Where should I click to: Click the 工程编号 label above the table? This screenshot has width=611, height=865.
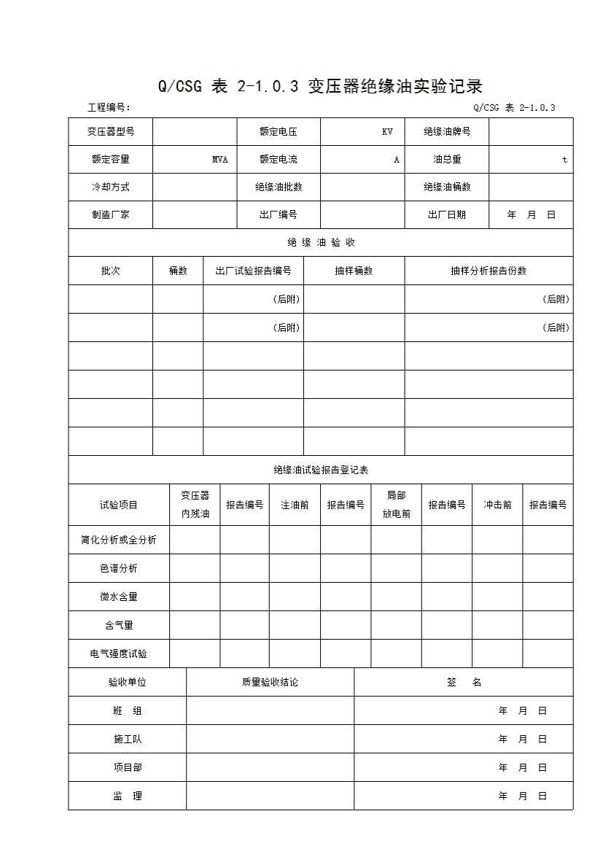point(109,108)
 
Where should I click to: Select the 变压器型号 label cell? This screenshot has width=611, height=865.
point(111,132)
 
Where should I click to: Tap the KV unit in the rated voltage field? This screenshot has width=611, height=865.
point(387,132)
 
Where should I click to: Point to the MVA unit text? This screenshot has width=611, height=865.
point(220,160)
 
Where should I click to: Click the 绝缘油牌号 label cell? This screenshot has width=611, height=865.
point(447,132)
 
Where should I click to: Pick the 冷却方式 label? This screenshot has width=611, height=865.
point(111,187)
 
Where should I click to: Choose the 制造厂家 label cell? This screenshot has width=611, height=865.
point(111,215)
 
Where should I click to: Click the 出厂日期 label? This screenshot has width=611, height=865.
point(447,215)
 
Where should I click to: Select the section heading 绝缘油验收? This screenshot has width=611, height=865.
point(321,243)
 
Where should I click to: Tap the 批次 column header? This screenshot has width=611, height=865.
point(111,271)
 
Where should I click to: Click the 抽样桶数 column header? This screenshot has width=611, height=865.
point(354,271)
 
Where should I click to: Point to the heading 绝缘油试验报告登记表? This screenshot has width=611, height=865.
point(321,470)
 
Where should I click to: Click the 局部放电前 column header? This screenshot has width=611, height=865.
point(396,505)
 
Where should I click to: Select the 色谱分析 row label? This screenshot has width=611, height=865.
point(119,568)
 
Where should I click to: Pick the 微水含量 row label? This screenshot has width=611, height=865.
point(119,597)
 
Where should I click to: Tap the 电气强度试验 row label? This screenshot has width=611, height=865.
point(119,654)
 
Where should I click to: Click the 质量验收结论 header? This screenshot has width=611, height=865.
point(270,683)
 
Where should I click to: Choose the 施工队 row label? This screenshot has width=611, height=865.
point(128,740)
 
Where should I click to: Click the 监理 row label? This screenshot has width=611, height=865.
point(128,796)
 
